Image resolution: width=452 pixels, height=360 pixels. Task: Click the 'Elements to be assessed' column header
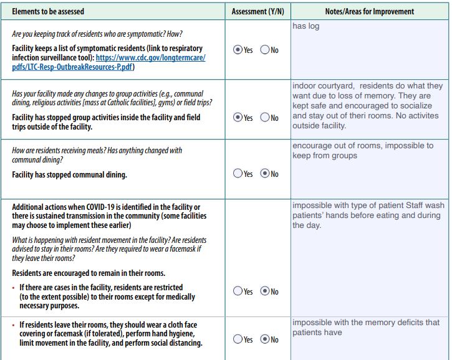tap(48, 11)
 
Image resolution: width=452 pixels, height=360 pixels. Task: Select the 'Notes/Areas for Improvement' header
tap(369, 11)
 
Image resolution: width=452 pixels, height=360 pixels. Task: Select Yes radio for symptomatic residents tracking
tap(237, 50)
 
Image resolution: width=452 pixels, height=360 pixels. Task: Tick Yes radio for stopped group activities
tap(237, 117)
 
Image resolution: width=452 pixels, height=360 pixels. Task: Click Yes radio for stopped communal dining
tap(237, 174)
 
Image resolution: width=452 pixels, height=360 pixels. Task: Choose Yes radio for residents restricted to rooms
tap(237, 291)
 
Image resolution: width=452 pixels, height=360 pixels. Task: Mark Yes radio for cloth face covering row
tap(237, 339)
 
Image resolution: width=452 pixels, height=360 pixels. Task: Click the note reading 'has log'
tap(305, 26)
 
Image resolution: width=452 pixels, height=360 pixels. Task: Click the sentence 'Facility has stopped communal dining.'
tap(69, 175)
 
